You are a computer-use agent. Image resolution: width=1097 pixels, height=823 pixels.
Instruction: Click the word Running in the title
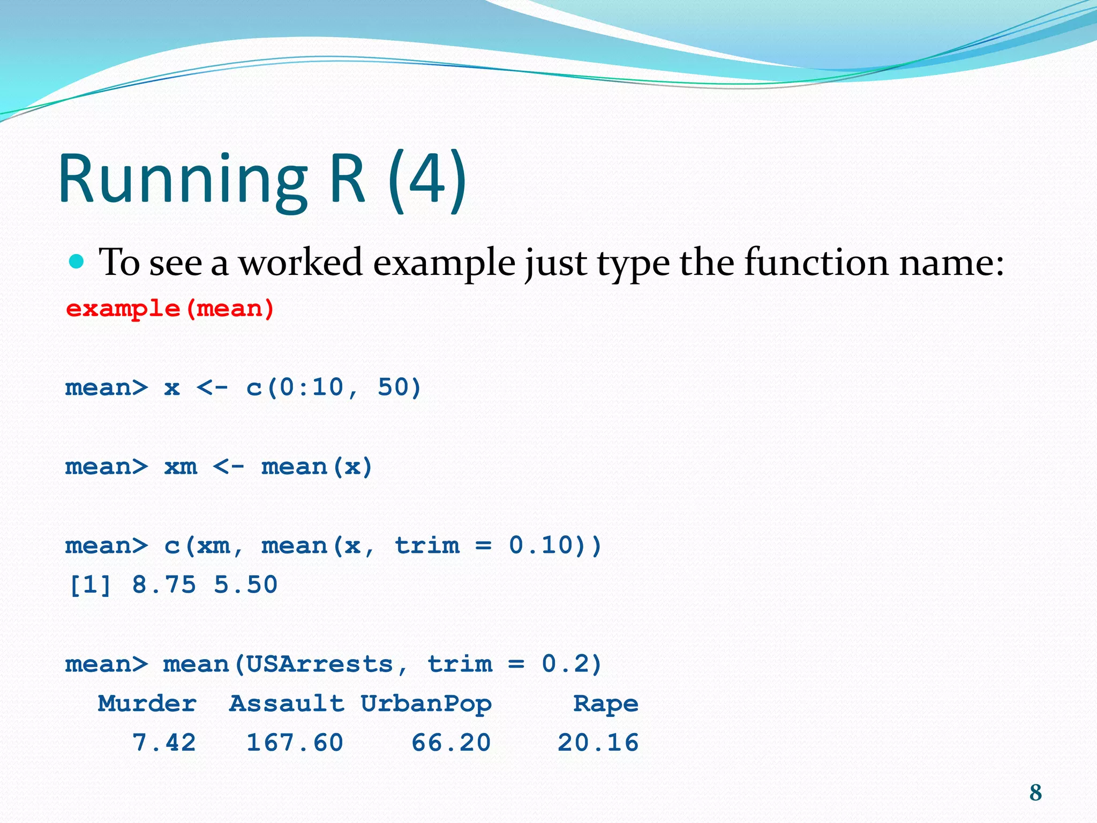pyautogui.click(x=182, y=179)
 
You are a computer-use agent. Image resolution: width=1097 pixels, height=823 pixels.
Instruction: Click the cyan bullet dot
pyautogui.click(x=77, y=261)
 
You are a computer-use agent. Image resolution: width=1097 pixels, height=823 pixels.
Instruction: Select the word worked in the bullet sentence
pyautogui.click(x=300, y=263)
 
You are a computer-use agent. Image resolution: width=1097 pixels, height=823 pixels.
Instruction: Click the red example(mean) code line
pyautogui.click(x=170, y=309)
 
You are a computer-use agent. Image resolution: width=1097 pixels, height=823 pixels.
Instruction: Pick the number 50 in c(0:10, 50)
pyautogui.click(x=394, y=387)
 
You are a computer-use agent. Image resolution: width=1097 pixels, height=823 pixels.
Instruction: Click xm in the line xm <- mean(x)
pyautogui.click(x=181, y=466)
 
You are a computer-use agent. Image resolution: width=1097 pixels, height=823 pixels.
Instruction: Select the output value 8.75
pyautogui.click(x=164, y=585)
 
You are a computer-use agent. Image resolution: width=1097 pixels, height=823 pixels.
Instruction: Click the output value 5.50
pyautogui.click(x=246, y=585)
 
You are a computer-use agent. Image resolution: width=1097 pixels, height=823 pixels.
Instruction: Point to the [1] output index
pyautogui.click(x=90, y=585)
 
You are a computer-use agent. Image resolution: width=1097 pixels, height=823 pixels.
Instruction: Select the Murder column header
pyautogui.click(x=147, y=704)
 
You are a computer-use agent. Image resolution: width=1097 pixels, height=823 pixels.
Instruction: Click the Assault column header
pyautogui.click(x=287, y=704)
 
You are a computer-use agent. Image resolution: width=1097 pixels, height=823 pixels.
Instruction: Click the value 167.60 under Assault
pyautogui.click(x=295, y=743)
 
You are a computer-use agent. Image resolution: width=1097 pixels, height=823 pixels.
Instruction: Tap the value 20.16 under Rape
pyautogui.click(x=598, y=743)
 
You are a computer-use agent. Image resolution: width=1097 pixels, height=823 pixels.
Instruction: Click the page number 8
pyautogui.click(x=1035, y=792)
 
